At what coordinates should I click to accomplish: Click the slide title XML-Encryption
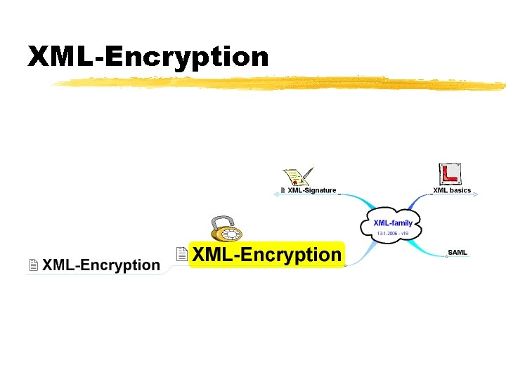[148, 57]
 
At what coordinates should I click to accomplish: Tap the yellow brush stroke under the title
[281, 84]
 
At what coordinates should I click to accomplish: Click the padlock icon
[226, 228]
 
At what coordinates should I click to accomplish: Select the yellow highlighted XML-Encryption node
[267, 255]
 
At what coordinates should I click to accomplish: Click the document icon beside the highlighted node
[181, 254]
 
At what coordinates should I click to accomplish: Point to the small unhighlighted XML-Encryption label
[101, 265]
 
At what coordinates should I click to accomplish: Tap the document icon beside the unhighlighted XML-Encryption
[33, 265]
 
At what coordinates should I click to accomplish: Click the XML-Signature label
[311, 190]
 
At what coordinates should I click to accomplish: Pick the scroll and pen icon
[298, 176]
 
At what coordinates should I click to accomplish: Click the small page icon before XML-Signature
[283, 190]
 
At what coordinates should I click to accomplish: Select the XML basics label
[451, 190]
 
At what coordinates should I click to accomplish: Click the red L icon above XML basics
[449, 173]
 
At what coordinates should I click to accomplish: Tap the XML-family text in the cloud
[393, 223]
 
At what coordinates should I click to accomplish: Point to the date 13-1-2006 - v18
[393, 233]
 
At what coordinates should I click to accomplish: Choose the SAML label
[457, 252]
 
